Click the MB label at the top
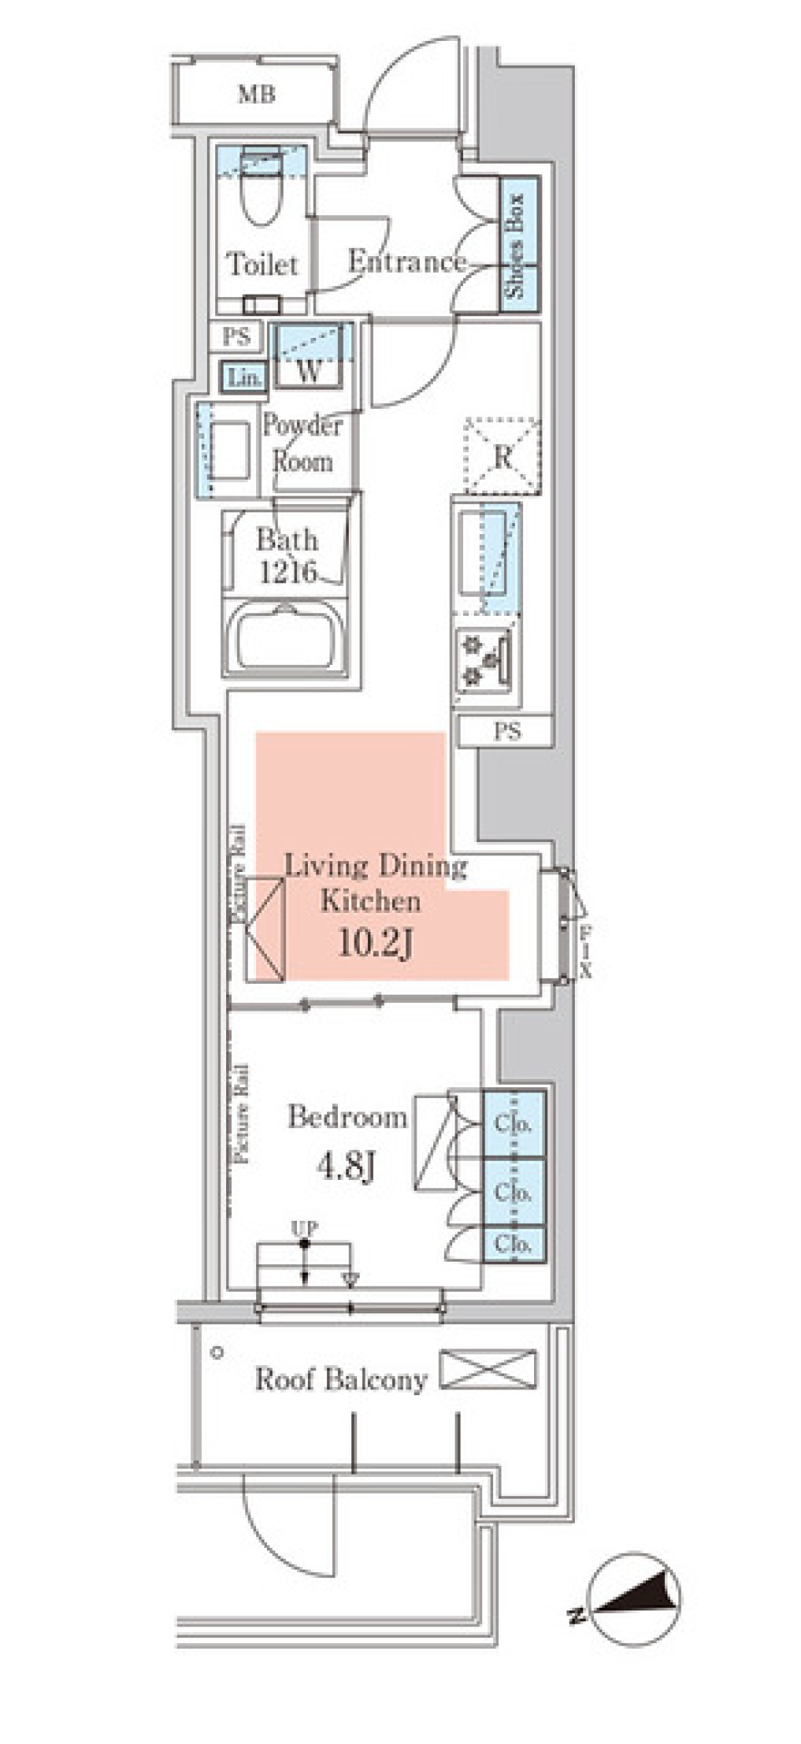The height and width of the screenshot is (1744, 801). (x=256, y=94)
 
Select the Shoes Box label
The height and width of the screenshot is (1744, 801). (x=516, y=245)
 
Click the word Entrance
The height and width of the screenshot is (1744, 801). (x=406, y=262)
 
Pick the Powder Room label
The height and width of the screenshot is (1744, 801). (x=302, y=443)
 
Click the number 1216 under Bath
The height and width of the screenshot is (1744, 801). (x=289, y=572)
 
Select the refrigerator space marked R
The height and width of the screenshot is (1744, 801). (x=502, y=457)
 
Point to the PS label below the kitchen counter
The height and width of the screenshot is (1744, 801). (x=506, y=732)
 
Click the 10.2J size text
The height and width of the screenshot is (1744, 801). (x=375, y=943)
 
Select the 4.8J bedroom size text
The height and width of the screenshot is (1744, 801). (x=345, y=1166)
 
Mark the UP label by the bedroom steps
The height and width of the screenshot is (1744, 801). (x=304, y=1228)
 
